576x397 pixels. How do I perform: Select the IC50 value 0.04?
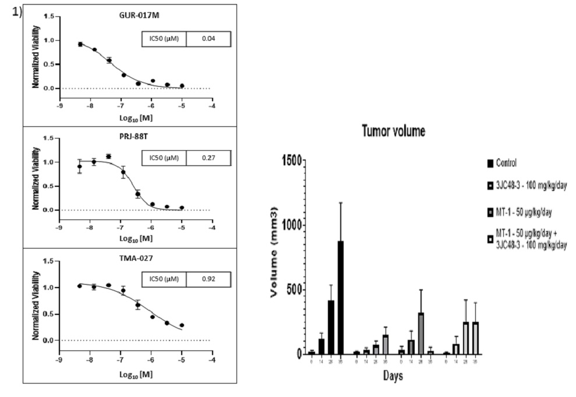pyautogui.click(x=209, y=38)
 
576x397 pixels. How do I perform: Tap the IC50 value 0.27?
pyautogui.click(x=209, y=158)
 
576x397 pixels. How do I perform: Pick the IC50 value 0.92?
pyautogui.click(x=209, y=279)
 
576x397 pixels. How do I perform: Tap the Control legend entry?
pyautogui.click(x=504, y=163)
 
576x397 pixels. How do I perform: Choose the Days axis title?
pyautogui.click(x=393, y=377)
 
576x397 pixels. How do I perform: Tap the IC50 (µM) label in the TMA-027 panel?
pyautogui.click(x=164, y=279)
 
